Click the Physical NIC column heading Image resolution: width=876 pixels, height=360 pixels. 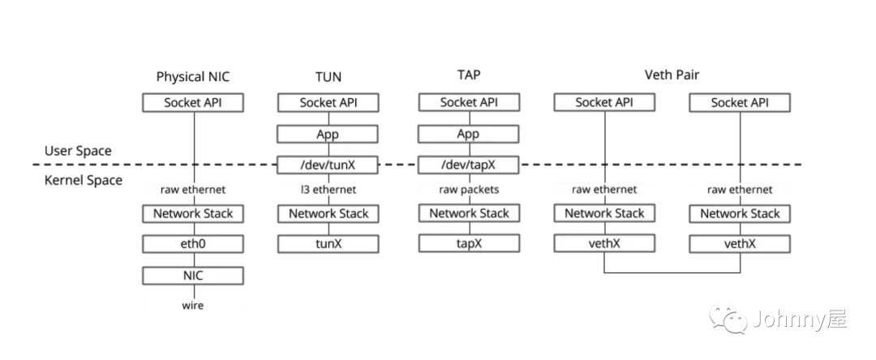pyautogui.click(x=193, y=77)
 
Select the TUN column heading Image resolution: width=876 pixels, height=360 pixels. pyautogui.click(x=328, y=77)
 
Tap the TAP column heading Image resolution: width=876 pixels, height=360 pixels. pyautogui.click(x=469, y=75)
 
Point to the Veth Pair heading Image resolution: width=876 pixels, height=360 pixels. pyautogui.click(x=672, y=75)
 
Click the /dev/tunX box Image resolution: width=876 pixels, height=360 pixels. pyautogui.click(x=328, y=165)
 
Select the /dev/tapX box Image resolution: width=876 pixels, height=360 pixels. pyautogui.click(x=469, y=165)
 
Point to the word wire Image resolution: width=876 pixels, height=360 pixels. pyautogui.click(x=193, y=305)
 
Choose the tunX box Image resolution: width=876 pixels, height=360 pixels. pyautogui.click(x=328, y=244)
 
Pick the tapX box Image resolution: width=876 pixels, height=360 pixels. pyautogui.click(x=469, y=244)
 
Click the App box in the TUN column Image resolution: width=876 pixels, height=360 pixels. pyautogui.click(x=328, y=134)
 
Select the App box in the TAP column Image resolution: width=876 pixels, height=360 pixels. pyautogui.click(x=469, y=134)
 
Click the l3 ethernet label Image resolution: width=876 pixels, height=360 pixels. pyautogui.click(x=328, y=190)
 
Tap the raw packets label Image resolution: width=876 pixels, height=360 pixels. pyautogui.click(x=469, y=190)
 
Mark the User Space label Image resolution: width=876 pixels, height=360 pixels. pyautogui.click(x=78, y=151)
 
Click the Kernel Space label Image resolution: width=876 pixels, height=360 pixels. pyautogui.click(x=83, y=180)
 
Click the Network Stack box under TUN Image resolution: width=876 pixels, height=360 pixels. pyautogui.click(x=328, y=213)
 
